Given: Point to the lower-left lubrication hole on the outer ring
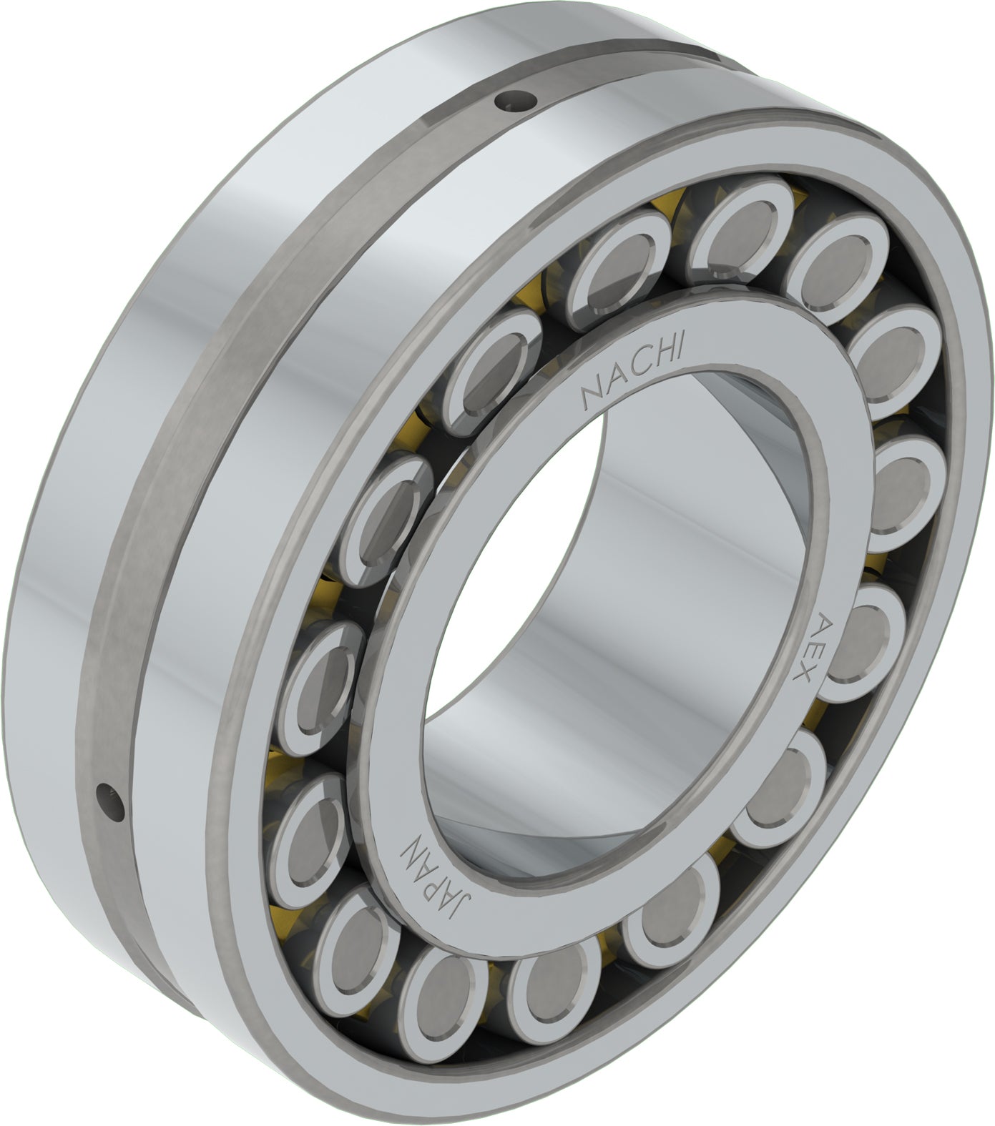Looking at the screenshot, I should coord(110,796).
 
